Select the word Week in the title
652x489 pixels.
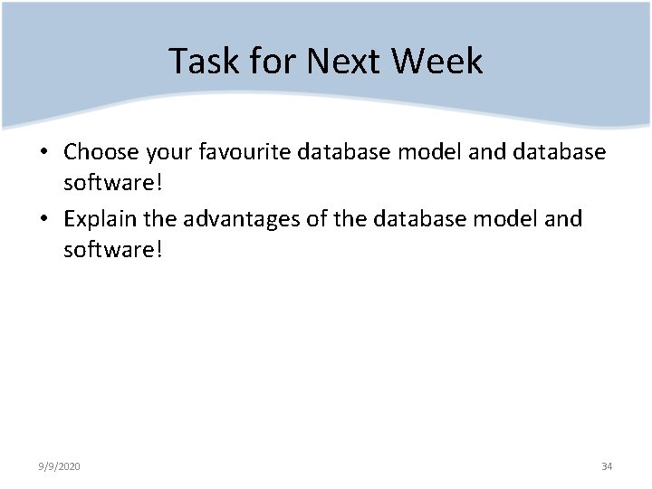437,62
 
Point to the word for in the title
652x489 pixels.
268,62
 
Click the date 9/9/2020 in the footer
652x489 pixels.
60,466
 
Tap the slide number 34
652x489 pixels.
607,466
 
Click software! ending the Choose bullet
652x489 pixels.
113,182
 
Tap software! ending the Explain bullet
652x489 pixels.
113,249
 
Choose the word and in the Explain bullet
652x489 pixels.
565,219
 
